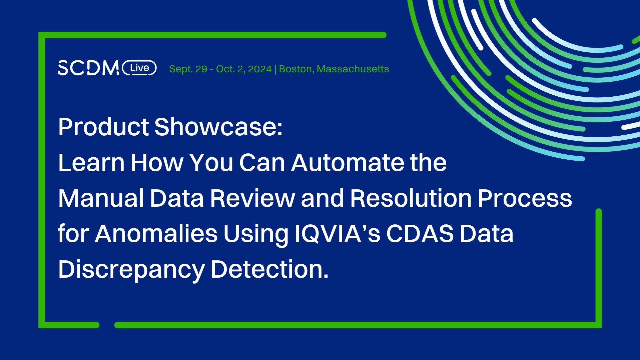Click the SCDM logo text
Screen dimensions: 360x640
(88, 68)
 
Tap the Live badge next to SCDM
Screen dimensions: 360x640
(139, 68)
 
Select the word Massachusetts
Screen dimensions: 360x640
(353, 69)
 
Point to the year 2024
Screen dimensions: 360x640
(260, 69)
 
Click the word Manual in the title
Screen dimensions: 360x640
(101, 198)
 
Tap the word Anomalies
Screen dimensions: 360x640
(156, 234)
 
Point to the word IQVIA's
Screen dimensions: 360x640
(337, 234)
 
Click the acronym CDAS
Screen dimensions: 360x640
(420, 234)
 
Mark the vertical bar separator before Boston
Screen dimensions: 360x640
(275, 69)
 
